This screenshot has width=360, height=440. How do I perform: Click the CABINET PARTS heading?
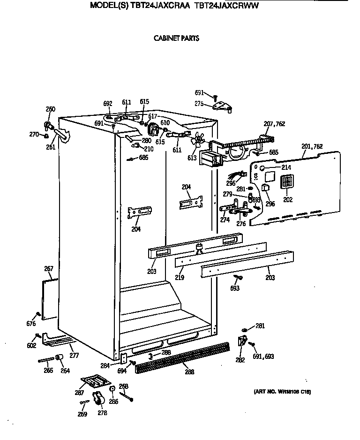click(176, 38)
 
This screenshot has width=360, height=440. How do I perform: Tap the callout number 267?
click(48, 269)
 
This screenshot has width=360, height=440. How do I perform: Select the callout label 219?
click(179, 278)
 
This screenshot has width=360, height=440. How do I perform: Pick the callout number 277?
click(74, 356)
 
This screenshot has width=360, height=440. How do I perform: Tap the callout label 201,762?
click(312, 147)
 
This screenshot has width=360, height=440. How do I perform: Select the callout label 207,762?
click(274, 124)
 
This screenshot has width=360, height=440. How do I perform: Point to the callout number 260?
click(50, 109)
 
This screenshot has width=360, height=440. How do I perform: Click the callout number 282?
click(240, 360)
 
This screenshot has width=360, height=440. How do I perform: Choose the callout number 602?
click(31, 346)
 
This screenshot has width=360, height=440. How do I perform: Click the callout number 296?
click(270, 204)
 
